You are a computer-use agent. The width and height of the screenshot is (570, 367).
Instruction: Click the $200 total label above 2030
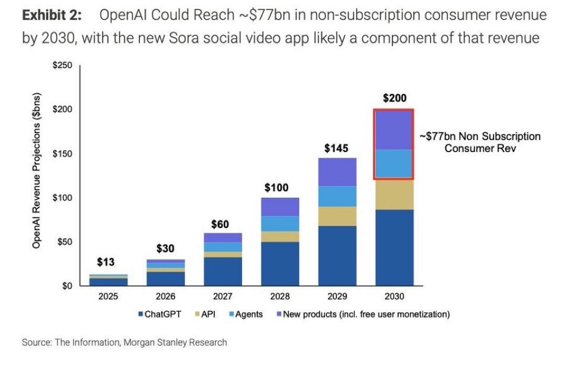point(394,99)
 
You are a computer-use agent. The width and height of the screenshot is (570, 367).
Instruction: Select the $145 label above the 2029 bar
point(336,148)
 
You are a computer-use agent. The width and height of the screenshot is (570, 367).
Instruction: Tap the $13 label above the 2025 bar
point(106,262)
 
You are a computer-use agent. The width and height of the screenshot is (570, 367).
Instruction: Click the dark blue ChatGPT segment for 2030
point(394,247)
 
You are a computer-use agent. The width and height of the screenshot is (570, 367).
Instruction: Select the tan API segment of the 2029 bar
point(336,216)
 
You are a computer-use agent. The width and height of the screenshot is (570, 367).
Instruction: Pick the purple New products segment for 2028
point(279,207)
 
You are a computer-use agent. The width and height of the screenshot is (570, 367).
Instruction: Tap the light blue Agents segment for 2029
point(336,197)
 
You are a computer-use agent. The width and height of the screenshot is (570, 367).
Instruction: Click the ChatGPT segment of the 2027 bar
point(223,271)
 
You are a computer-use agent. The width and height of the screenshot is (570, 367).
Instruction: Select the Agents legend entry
point(244,314)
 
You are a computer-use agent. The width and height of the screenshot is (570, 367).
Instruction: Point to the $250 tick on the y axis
point(62,66)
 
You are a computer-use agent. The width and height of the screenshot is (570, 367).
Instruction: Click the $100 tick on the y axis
point(62,198)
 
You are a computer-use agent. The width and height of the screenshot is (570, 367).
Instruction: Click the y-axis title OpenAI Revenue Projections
point(37,171)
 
